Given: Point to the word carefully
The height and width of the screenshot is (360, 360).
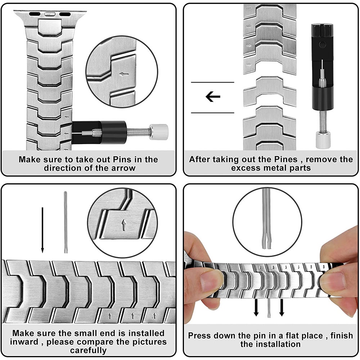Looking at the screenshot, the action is (89, 351).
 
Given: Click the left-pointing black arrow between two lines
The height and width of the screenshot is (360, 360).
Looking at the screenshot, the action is (213, 96).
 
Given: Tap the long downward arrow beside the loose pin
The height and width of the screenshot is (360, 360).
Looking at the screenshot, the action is (42, 230).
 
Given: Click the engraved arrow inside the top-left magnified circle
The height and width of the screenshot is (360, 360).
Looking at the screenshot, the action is (124, 75).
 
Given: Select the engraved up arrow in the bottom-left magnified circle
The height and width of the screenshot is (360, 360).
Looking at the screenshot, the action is (124, 225).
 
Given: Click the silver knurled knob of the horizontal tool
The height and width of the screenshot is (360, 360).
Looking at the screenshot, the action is (159, 132).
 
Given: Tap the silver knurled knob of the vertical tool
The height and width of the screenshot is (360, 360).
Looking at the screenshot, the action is (323, 140).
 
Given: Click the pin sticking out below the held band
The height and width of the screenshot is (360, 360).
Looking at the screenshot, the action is (269, 308).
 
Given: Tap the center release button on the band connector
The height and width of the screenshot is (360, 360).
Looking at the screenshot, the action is (50, 14).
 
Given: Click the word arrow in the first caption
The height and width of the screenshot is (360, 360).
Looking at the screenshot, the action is (123, 168).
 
